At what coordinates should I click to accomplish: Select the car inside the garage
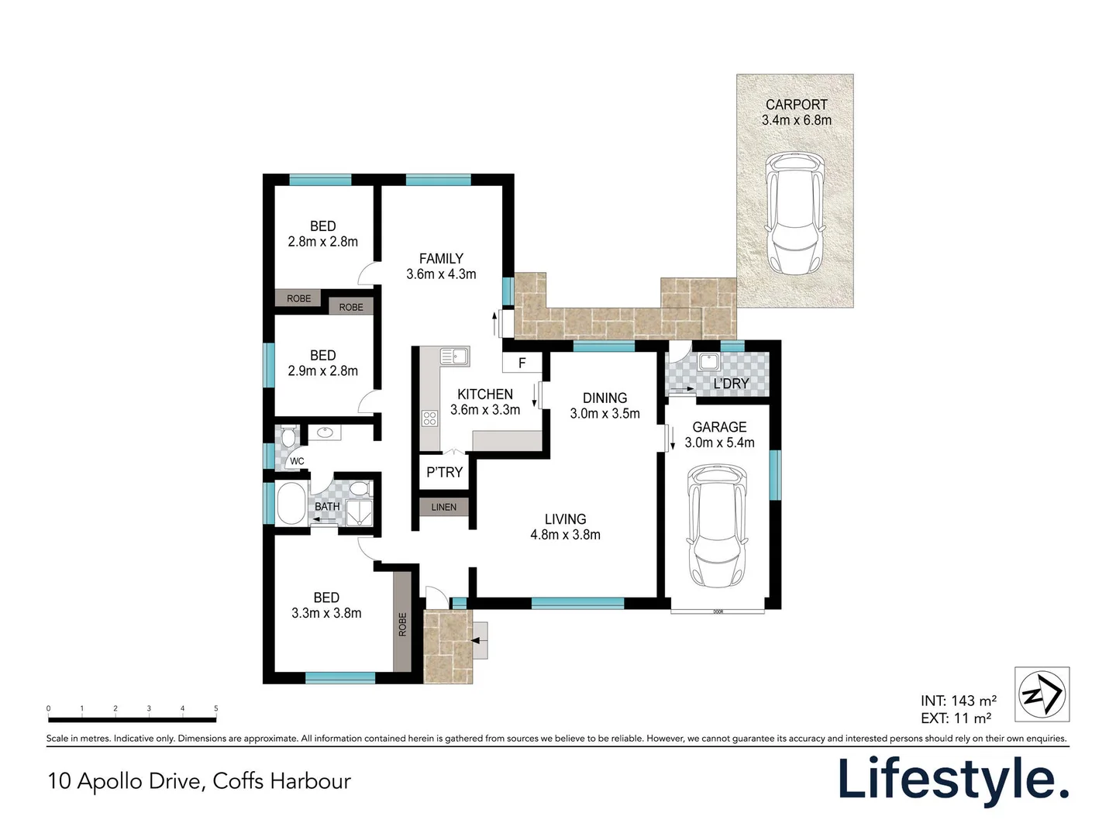(718, 526)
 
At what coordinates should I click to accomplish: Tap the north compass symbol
(1042, 694)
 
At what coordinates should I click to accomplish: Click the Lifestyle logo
(952, 780)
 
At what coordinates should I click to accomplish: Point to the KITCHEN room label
(485, 394)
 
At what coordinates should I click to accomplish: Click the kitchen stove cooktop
(429, 418)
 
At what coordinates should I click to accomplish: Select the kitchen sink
(454, 356)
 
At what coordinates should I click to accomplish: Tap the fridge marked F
(522, 363)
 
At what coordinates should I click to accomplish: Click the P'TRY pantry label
(444, 472)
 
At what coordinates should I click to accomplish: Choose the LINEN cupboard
(444, 507)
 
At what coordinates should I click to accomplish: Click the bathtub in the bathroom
(291, 504)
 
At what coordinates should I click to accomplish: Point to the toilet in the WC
(288, 438)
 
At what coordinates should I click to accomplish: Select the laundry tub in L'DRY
(708, 362)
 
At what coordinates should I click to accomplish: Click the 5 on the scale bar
(216, 708)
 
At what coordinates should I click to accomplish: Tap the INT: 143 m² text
(958, 701)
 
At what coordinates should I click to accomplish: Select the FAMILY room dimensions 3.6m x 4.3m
(441, 274)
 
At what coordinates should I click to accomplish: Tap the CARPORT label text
(796, 105)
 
